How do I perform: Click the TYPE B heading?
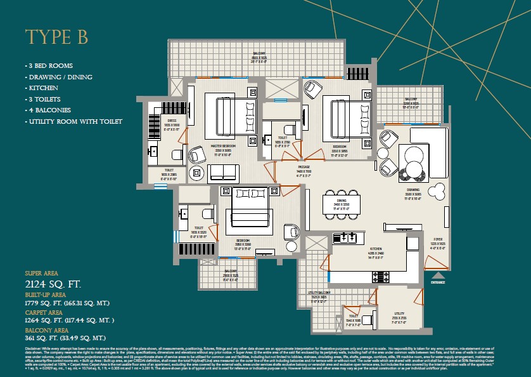pyautogui.click(x=57, y=37)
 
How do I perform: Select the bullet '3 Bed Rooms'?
pyautogui.click(x=49, y=66)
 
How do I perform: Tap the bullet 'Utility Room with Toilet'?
pyautogui.click(x=74, y=121)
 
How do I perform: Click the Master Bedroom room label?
pyautogui.click(x=224, y=147)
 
